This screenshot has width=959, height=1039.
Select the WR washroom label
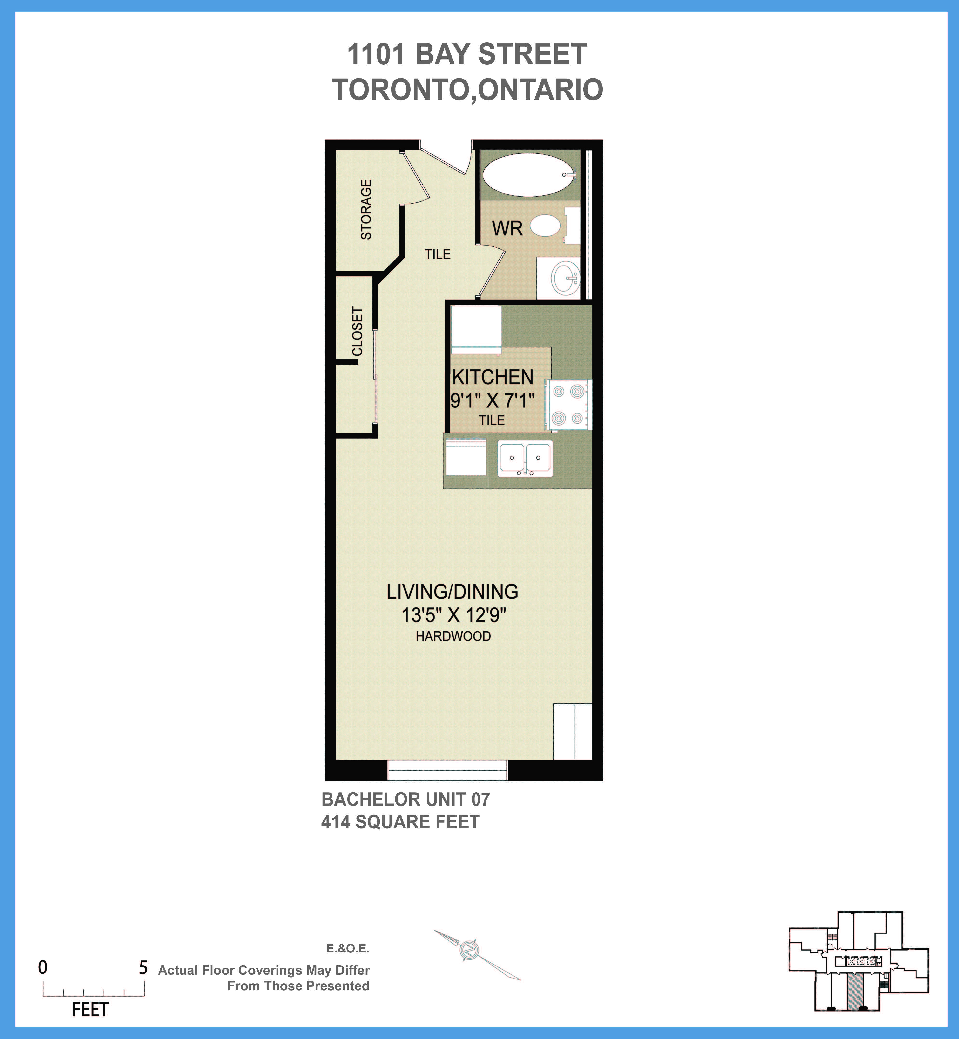click(507, 228)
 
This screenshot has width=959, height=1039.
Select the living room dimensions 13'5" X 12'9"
click(453, 615)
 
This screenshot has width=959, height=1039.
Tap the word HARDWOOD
click(453, 636)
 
